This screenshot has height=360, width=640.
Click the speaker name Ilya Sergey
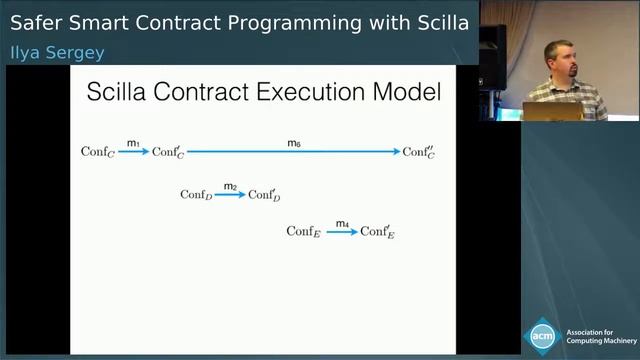tap(57, 51)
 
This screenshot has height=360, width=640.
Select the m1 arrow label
tap(132, 144)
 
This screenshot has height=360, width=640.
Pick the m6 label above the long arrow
tap(294, 144)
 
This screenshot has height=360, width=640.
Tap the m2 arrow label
tap(230, 187)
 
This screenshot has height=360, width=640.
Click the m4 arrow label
tap(342, 224)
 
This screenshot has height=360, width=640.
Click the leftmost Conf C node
tap(97, 152)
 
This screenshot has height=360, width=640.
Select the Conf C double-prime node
tap(419, 152)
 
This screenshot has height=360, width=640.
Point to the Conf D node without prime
tap(196, 195)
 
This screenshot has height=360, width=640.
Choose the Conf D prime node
tap(264, 195)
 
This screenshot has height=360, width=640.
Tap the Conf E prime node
tap(377, 232)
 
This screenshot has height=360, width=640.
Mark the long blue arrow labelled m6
tap(294, 152)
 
